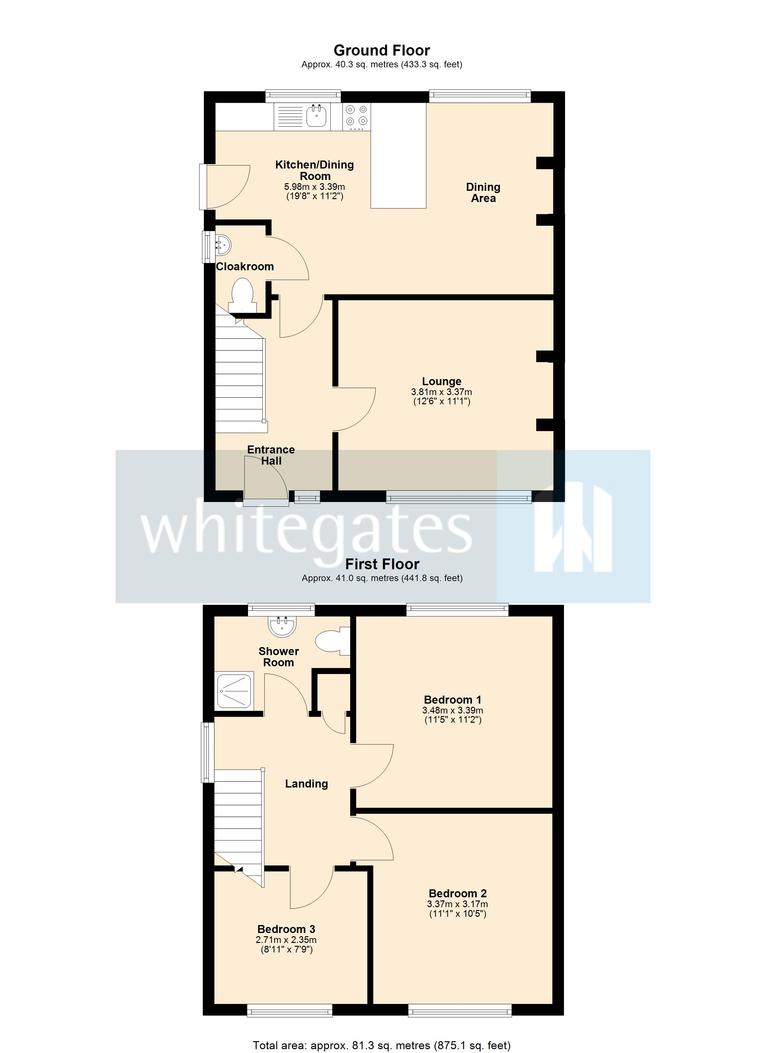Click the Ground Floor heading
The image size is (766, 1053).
click(381, 50)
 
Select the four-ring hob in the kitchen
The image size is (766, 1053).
click(357, 116)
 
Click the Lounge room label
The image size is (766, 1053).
click(441, 381)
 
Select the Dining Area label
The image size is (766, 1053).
click(483, 193)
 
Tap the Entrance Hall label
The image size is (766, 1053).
click(271, 455)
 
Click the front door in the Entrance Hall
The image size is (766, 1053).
click(266, 479)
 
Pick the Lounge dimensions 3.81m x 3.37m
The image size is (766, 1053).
click(441, 392)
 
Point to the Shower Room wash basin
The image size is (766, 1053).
click(282, 626)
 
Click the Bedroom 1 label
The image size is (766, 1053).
click(453, 700)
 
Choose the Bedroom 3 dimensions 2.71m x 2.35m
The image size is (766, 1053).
click(286, 940)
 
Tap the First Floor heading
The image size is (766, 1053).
click(382, 564)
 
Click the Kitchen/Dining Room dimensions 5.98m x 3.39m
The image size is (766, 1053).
click(314, 187)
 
